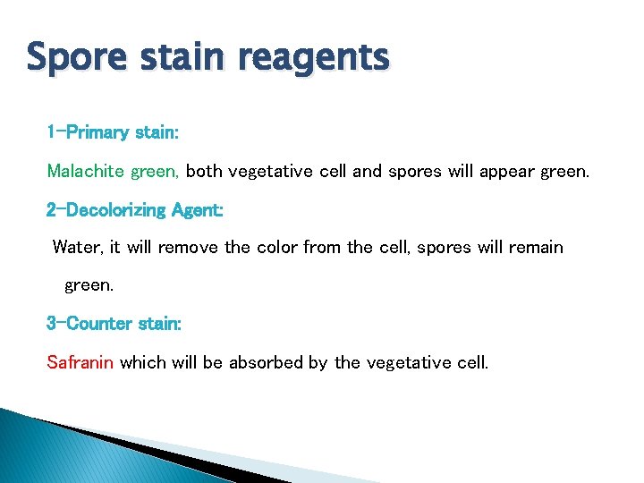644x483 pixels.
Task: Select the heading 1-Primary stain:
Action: point(113,132)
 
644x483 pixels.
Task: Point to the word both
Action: point(204,171)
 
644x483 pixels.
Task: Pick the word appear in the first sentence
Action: point(505,171)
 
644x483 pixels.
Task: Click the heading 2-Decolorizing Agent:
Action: point(134,210)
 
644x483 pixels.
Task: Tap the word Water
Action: point(75,247)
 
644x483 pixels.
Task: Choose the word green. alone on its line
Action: point(89,286)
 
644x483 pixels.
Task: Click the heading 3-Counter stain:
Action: point(114,323)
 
